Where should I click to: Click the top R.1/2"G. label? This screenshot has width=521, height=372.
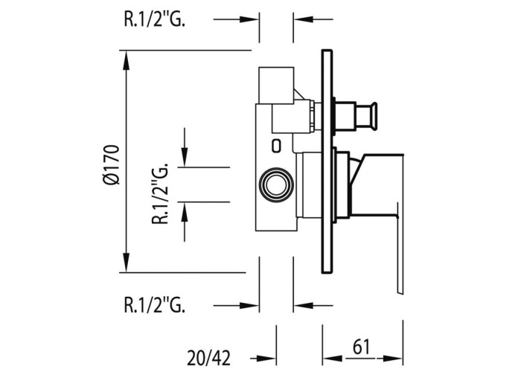tap(154, 20)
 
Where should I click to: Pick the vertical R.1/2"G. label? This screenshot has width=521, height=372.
tap(158, 194)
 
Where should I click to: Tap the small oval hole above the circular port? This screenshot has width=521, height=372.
tap(276, 144)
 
